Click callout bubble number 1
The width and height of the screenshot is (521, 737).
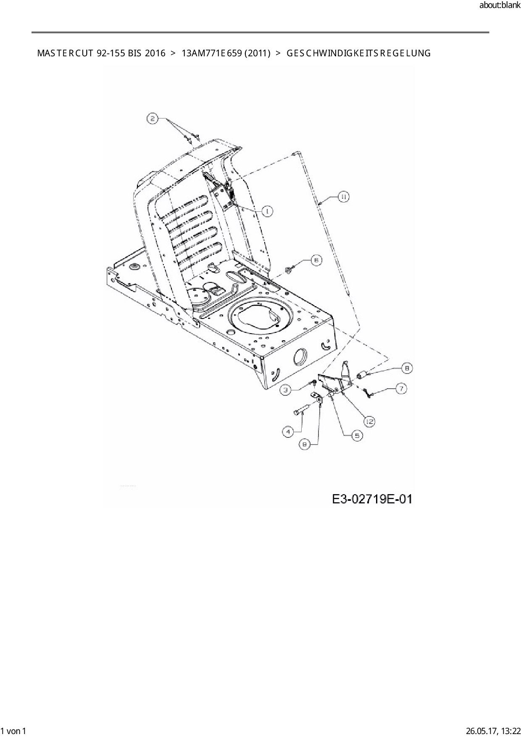267,211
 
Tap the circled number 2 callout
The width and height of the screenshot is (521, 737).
153,118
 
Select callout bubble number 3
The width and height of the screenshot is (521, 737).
286,390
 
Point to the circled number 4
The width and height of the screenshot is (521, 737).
288,432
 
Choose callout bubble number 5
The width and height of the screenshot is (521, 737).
357,436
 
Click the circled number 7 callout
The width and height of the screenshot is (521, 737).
401,389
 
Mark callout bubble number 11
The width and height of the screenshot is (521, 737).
343,197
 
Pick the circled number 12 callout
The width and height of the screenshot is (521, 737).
369,421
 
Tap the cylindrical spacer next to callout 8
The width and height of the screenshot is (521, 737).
362,374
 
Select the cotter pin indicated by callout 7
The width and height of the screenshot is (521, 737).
368,393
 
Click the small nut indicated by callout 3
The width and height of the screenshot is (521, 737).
314,382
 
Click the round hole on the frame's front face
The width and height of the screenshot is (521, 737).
300,356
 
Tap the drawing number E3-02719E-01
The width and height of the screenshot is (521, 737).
372,499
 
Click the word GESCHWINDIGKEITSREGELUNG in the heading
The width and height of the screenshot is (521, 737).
358,53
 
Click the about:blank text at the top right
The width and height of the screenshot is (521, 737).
500,5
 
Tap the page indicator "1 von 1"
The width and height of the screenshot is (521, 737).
13,731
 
